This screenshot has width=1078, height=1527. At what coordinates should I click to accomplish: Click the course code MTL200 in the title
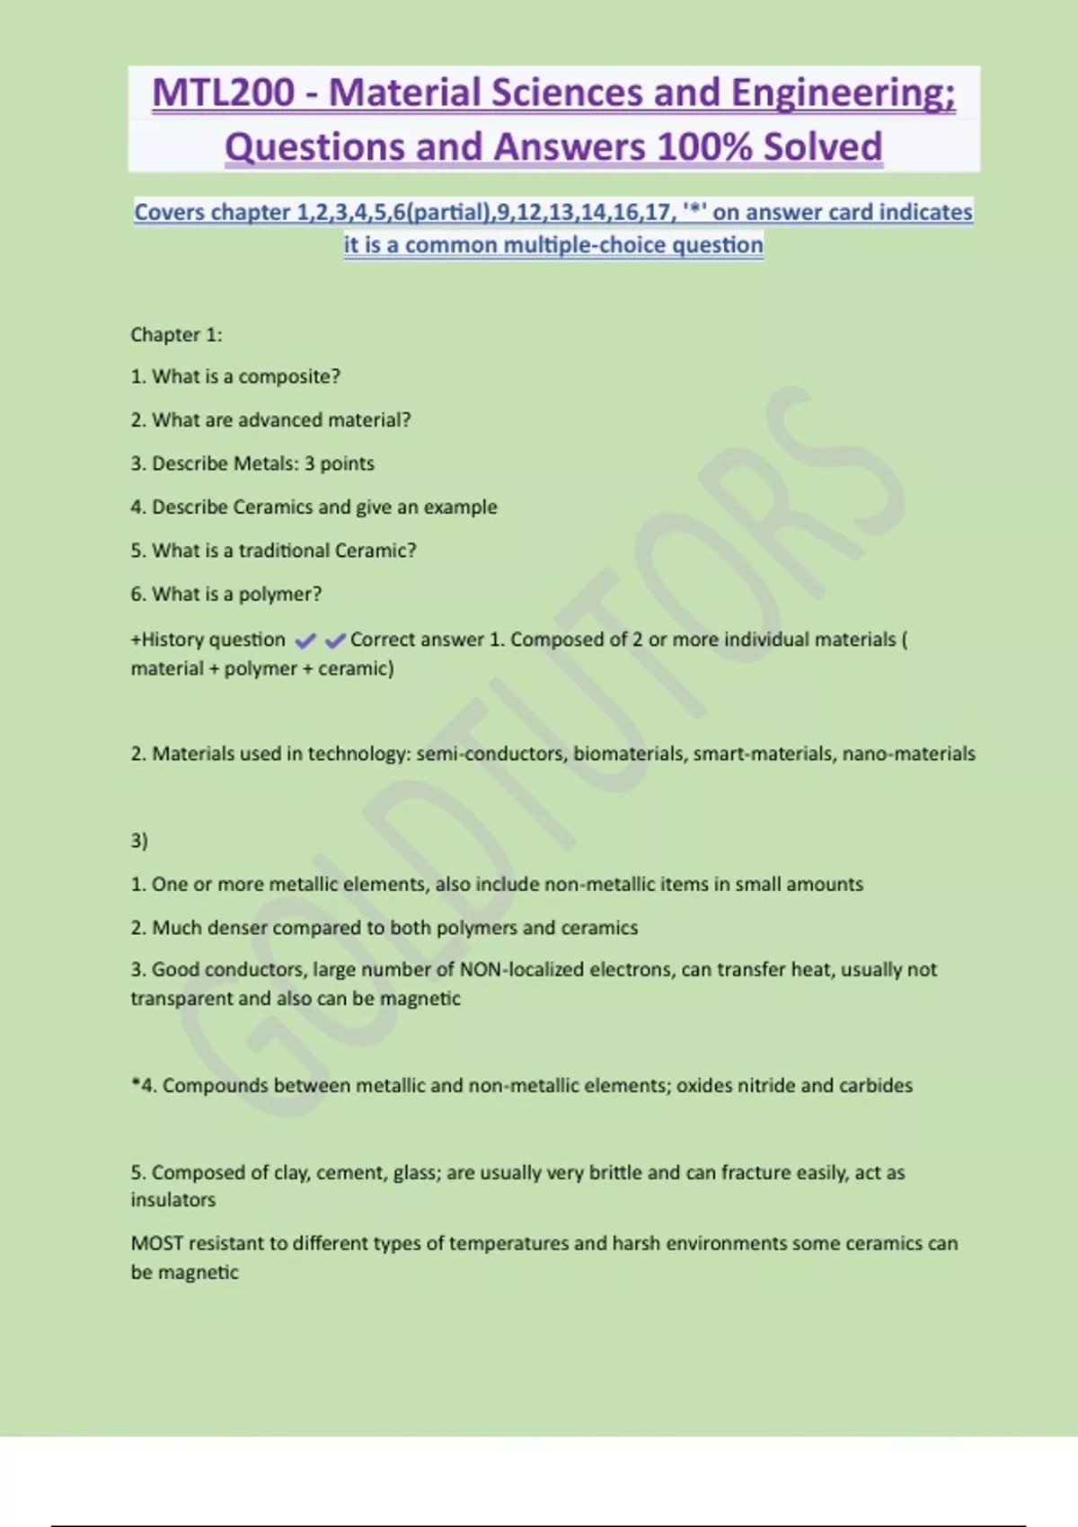(223, 93)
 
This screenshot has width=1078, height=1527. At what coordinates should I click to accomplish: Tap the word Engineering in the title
(843, 93)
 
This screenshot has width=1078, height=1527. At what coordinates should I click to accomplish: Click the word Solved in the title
(823, 147)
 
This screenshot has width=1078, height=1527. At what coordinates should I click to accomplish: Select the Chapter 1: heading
(176, 335)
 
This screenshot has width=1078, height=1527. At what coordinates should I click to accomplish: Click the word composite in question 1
(288, 376)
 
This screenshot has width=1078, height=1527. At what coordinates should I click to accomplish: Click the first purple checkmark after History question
(305, 640)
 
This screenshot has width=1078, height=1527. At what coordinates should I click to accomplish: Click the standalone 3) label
(139, 841)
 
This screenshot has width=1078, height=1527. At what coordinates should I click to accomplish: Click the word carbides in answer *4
(875, 1086)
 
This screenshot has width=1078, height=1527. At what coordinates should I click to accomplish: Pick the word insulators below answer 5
(173, 1200)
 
